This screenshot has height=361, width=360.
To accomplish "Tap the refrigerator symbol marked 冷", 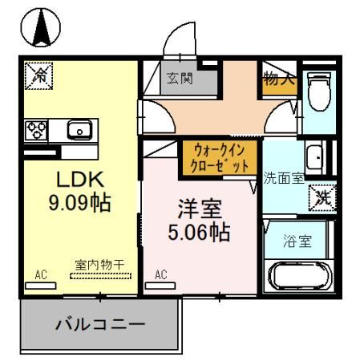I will pos(38,75).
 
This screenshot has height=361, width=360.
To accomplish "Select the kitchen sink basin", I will pos(80,130).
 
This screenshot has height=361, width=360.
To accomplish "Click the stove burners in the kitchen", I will pos(38,129).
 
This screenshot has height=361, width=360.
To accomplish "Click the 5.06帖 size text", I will pos(200,233).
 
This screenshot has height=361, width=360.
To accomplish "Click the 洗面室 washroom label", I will pos(285,178).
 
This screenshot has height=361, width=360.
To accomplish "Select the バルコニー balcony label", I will pos(99,325).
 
